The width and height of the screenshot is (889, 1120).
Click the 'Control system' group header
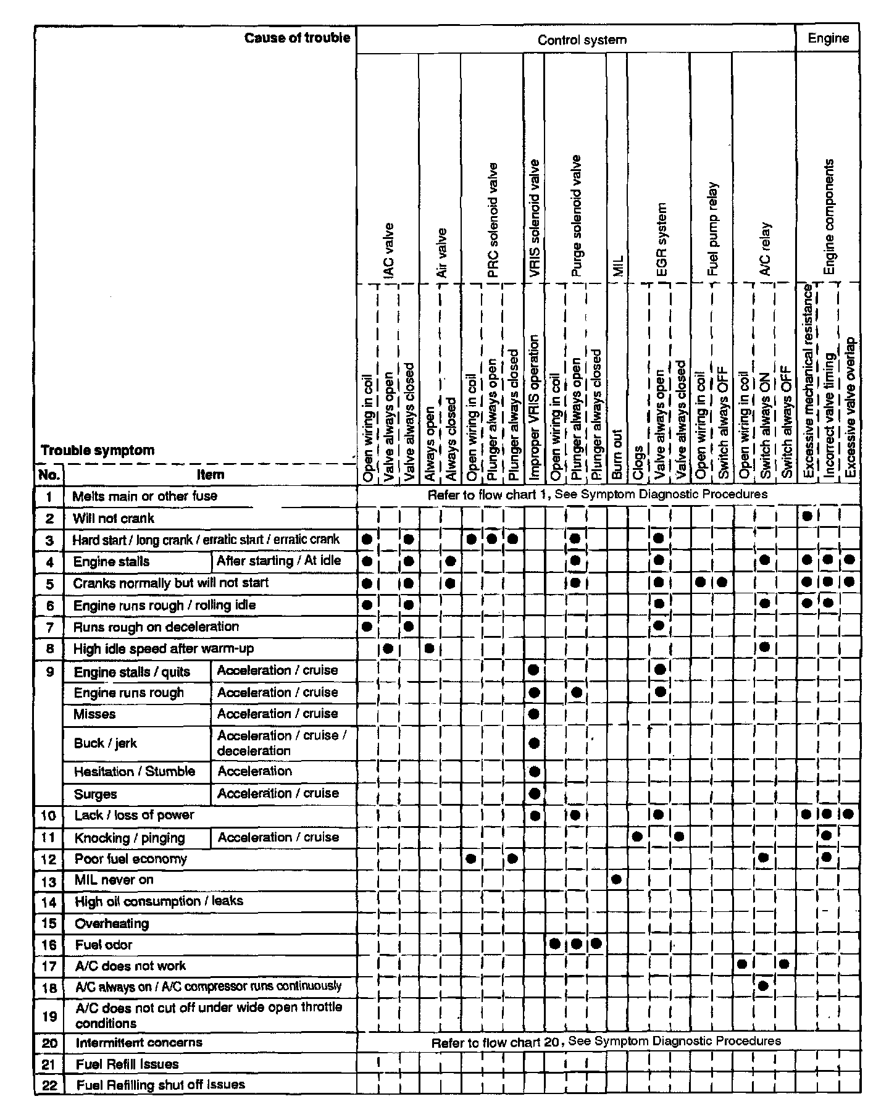[x=582, y=40]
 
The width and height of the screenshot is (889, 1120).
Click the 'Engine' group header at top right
[x=828, y=38]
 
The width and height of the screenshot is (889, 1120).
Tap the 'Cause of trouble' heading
[x=297, y=38]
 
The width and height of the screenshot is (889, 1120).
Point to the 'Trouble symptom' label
[x=98, y=450]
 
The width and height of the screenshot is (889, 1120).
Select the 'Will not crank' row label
[x=114, y=518]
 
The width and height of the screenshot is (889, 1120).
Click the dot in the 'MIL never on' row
[x=616, y=879]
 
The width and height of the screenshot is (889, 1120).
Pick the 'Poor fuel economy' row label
[x=130, y=859]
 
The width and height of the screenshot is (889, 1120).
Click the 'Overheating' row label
[x=112, y=924]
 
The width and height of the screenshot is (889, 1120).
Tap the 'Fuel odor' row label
[x=104, y=945]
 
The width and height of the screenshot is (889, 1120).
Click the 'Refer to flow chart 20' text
[x=496, y=1042]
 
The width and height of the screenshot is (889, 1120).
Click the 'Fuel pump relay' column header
[x=713, y=228]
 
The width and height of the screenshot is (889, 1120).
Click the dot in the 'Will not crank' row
[x=806, y=516]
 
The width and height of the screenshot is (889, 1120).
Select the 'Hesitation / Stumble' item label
[x=134, y=771]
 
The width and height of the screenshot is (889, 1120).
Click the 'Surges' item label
[x=95, y=794]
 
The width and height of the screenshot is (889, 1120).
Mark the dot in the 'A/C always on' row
[x=764, y=985]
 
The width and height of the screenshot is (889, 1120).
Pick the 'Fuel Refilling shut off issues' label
[x=161, y=1084]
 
